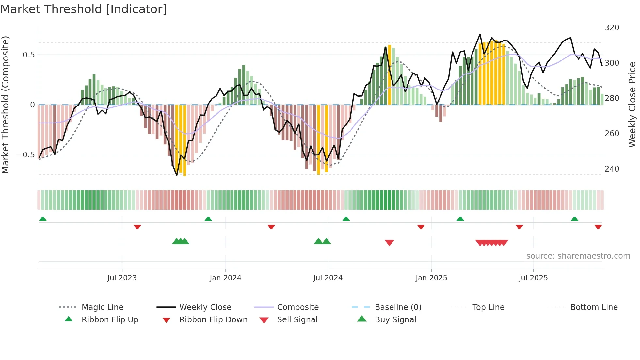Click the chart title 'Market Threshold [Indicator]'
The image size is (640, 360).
[84, 9]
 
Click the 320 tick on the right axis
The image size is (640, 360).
[612, 28]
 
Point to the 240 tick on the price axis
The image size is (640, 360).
[612, 169]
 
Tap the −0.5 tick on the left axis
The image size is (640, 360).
[25, 155]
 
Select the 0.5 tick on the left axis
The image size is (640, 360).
[28, 55]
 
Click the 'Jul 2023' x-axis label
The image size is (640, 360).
[122, 278]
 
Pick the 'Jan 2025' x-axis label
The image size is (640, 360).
[431, 278]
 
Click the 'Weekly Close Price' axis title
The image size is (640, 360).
[632, 105]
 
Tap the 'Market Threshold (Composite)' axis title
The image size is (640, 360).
[5, 105]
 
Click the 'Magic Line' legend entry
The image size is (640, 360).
[102, 307]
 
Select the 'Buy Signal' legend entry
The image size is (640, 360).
[395, 320]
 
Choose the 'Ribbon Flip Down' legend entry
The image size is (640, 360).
[213, 320]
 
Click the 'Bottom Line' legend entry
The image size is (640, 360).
[594, 307]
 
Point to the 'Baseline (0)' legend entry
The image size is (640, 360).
[398, 307]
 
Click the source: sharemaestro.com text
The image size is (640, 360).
[578, 256]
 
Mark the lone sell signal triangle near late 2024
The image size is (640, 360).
[389, 242]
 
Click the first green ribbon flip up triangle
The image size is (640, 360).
[43, 219]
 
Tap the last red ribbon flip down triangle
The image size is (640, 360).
[598, 227]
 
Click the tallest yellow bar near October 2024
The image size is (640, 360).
[389, 75]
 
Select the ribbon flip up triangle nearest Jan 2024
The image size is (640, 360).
[208, 219]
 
